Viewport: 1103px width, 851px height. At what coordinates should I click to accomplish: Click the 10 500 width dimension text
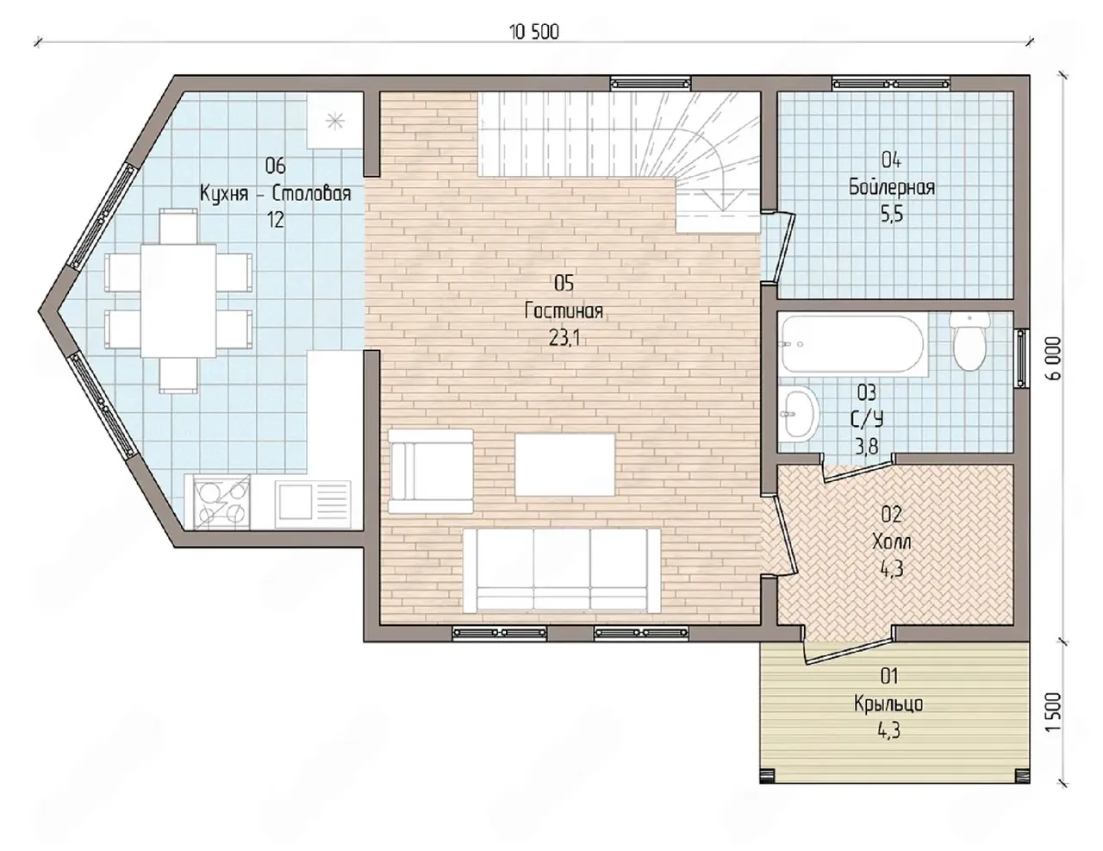[534, 33]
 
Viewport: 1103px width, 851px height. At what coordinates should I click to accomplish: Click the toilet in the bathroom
[969, 341]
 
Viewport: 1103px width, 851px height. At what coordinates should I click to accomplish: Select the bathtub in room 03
[854, 345]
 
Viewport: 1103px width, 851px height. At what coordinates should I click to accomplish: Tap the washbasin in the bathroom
[800, 412]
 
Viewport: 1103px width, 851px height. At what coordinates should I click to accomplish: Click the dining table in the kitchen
[178, 301]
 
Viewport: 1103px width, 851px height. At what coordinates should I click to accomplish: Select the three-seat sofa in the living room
[562, 570]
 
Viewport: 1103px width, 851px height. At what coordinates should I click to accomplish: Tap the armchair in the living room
[431, 472]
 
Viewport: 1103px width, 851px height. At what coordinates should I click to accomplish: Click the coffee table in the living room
[565, 464]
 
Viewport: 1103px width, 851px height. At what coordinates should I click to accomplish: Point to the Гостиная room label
[564, 310]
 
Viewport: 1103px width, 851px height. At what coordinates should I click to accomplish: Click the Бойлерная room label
[892, 187]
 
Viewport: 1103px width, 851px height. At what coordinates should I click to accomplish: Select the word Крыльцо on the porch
[888, 704]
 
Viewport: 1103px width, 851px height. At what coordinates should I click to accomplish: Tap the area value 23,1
[564, 339]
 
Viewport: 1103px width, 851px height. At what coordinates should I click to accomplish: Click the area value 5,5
[892, 215]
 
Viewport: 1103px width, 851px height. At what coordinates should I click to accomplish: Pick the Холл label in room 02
[891, 541]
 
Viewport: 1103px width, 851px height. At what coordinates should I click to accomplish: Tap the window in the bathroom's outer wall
[1021, 359]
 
